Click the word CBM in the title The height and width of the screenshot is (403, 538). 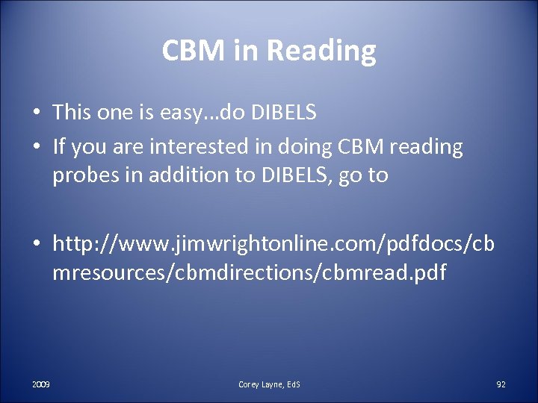[185, 51]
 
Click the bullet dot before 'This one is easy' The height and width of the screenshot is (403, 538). [36, 113]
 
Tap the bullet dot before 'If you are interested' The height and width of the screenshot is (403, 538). [36, 148]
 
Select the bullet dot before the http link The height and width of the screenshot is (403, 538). [36, 243]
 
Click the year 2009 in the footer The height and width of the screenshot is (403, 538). [41, 384]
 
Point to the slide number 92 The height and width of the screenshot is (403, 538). [501, 384]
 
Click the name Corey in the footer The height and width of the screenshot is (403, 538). [250, 384]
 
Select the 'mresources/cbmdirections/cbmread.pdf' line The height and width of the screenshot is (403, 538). [249, 272]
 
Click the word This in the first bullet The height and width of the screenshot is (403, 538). [72, 113]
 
